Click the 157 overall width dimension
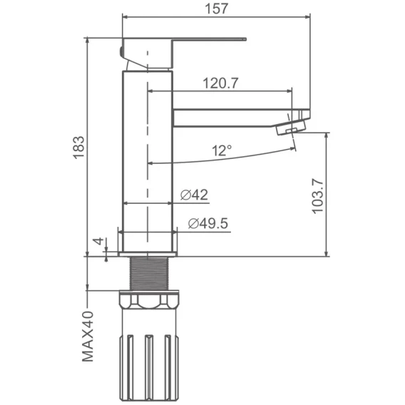217,9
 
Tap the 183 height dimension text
78,147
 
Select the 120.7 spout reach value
220,83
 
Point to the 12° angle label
222,150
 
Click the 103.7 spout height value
317,196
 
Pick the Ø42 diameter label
194,195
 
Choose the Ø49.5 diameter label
208,223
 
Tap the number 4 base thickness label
98,241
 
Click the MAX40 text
88,337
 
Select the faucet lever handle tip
245,39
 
